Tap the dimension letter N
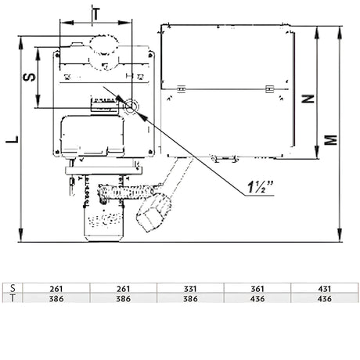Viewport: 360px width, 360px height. (x=308, y=99)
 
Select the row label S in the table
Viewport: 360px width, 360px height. (x=10, y=289)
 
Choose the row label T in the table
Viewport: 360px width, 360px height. (x=10, y=298)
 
